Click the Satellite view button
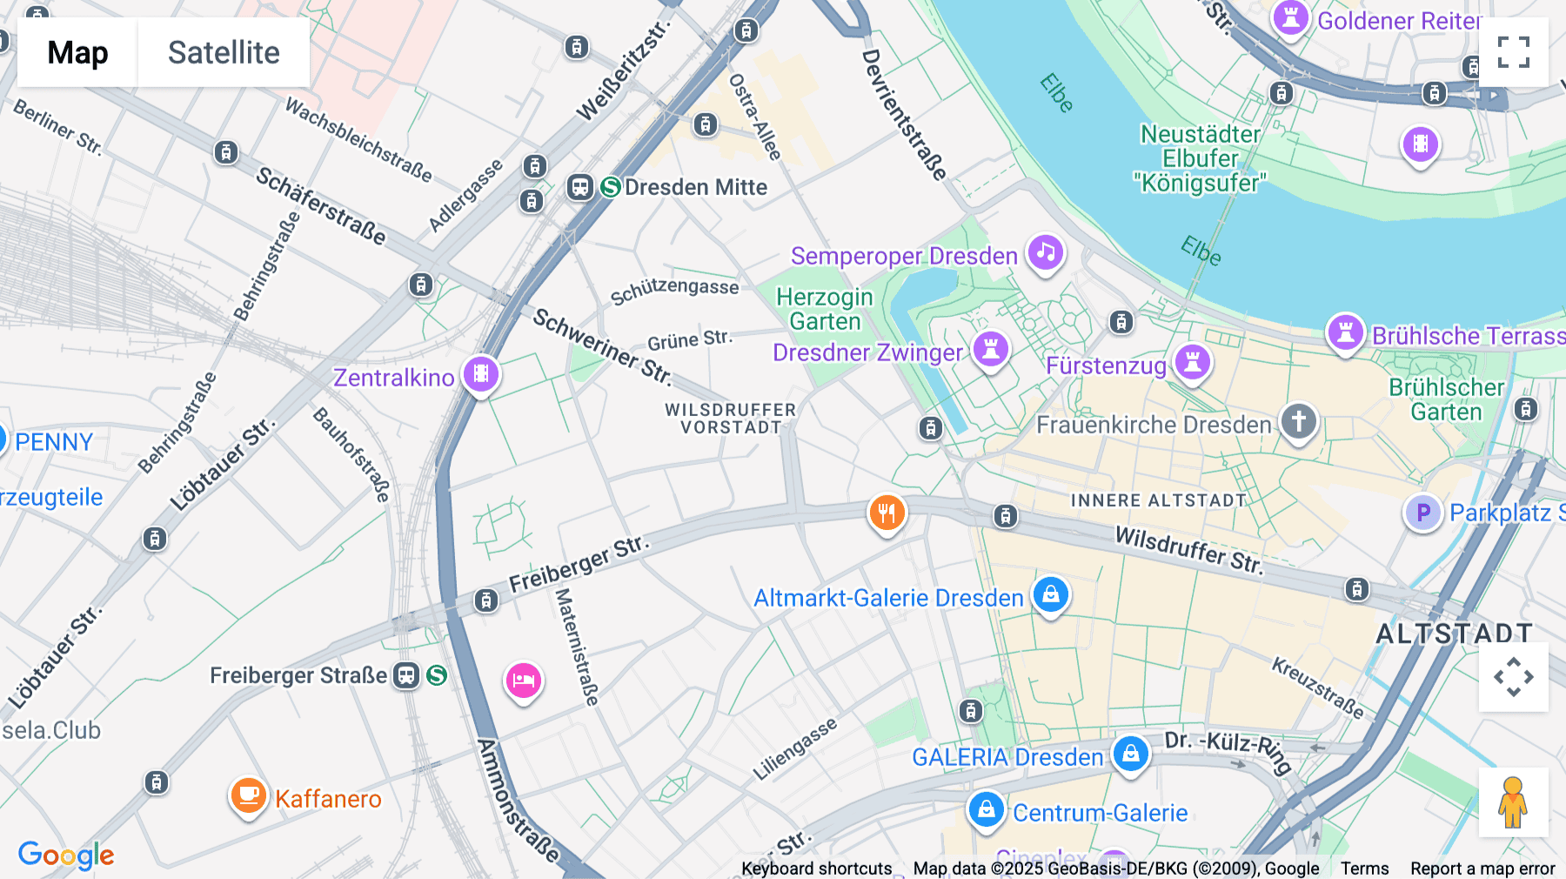[x=224, y=52]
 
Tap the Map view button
[x=77, y=52]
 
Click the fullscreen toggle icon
[x=1513, y=52]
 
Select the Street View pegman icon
[x=1513, y=802]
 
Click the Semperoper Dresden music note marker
[x=1045, y=252]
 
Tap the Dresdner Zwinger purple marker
[x=990, y=348]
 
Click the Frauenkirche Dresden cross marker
[x=1298, y=421]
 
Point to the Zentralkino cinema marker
[x=480, y=374]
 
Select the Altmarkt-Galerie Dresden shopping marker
[x=1050, y=595]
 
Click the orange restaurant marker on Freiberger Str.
[x=887, y=513]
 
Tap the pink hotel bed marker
[x=523, y=681]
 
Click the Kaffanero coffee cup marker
[x=248, y=795]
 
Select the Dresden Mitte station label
[x=695, y=187]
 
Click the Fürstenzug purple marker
[x=1193, y=361]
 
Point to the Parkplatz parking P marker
[x=1423, y=513]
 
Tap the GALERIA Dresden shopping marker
[x=1130, y=754]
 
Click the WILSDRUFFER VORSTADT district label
[x=730, y=419]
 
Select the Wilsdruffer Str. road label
[x=1188, y=550]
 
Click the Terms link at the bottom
[x=1364, y=868]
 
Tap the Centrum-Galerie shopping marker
[x=986, y=809]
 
